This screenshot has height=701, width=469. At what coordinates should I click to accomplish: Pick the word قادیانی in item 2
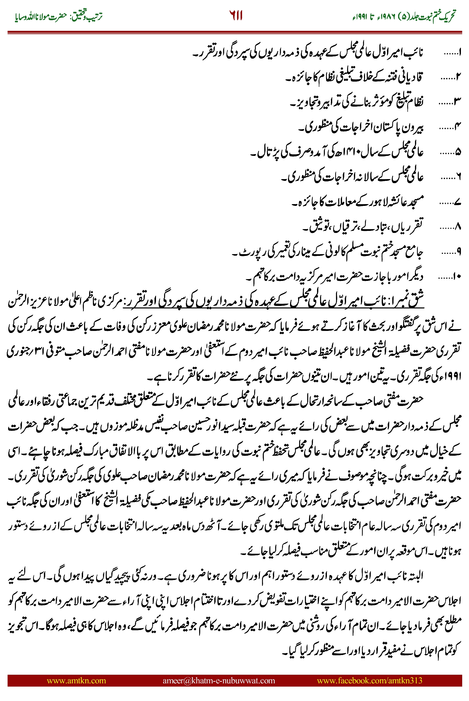(411, 78)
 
